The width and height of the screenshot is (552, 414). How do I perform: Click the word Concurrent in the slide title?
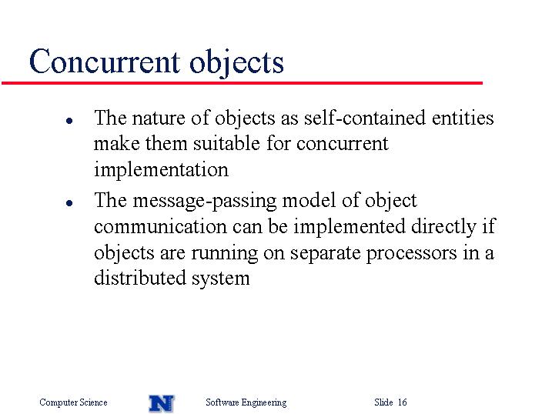[105, 62]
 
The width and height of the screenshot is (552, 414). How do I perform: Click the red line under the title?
[242, 83]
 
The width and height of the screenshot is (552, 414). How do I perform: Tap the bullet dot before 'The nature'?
[69, 121]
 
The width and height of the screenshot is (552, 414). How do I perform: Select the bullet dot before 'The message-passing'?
[69, 203]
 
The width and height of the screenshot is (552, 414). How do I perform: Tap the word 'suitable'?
[226, 143]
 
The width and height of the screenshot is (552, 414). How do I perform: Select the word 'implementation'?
[161, 169]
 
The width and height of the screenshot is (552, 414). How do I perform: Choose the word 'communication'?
[160, 226]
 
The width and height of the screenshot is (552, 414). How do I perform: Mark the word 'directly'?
[443, 226]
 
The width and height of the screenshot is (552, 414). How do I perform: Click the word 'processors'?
[412, 253]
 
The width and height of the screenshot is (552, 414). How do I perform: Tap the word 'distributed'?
[140, 278]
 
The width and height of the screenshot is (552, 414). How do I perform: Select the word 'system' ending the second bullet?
[221, 279]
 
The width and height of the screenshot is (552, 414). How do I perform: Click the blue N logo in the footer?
[162, 403]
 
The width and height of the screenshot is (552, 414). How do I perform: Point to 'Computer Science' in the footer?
[73, 402]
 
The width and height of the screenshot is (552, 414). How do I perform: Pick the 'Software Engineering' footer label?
[246, 402]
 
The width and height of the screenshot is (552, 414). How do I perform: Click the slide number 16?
[403, 402]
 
